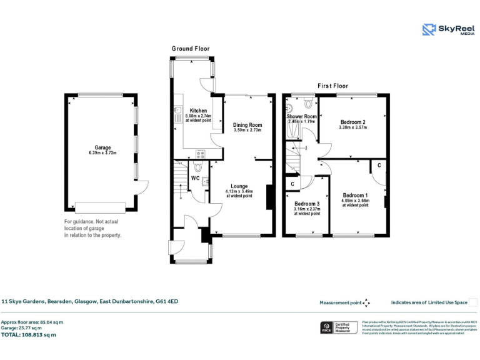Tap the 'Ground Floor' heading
tap(191, 49)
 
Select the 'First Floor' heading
tap(332, 86)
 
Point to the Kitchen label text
tap(198, 111)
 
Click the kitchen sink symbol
tap(177, 112)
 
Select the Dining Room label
tap(247, 125)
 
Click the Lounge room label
tap(239, 186)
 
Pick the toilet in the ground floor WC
tap(198, 167)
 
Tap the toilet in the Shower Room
tap(307, 101)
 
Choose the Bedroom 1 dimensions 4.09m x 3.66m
tap(355, 201)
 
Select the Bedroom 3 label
tap(307, 204)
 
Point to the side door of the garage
tap(143, 187)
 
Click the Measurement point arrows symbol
tap(367, 302)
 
